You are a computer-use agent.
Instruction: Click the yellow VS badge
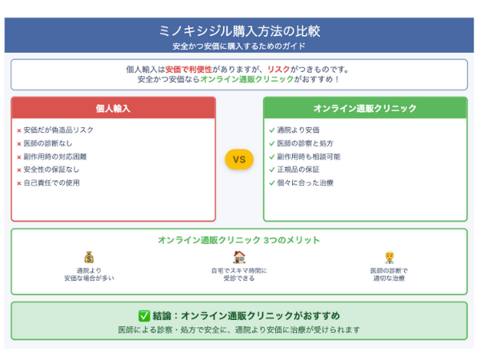[x=239, y=159]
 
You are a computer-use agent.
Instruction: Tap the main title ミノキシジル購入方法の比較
[x=239, y=31]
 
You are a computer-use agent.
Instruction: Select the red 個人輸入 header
[x=114, y=108]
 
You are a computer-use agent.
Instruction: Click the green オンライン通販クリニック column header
[x=366, y=108]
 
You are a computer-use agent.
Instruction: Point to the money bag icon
[x=89, y=258]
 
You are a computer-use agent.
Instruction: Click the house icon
[x=239, y=257]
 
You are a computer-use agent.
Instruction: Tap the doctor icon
[x=389, y=258]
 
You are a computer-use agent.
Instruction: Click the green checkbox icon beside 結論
[x=144, y=316]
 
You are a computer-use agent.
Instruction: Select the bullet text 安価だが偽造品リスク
[x=58, y=130]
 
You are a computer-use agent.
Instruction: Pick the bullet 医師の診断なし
[x=48, y=143]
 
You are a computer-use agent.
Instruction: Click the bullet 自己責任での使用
[x=52, y=182]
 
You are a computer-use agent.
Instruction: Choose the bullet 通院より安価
[x=298, y=130]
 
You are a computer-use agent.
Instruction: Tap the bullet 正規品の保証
[x=298, y=170]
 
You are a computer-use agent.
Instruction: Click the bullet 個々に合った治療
[x=306, y=182]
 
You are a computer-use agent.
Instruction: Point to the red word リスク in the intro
[x=278, y=70]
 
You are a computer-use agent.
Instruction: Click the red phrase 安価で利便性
[x=189, y=70]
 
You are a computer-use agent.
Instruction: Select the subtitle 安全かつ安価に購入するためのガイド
[x=239, y=46]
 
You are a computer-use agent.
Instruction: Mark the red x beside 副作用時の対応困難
[x=19, y=158]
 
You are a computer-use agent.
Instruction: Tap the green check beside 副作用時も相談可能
[x=272, y=157]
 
